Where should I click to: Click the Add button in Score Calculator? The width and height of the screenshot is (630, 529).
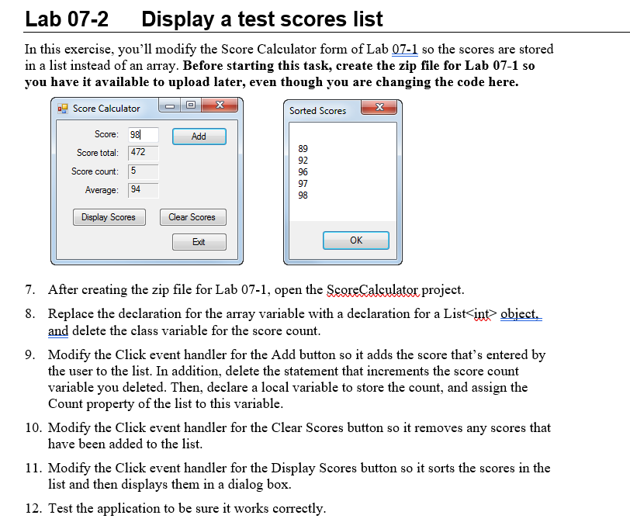[x=199, y=137]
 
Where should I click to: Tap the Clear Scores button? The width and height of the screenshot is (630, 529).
[x=192, y=217]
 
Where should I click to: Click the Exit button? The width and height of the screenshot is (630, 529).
[x=199, y=242]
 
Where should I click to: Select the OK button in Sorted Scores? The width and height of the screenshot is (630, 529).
[x=356, y=240]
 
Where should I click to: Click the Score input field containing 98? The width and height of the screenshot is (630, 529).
[x=143, y=135]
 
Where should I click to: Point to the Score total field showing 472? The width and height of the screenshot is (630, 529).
[x=143, y=153]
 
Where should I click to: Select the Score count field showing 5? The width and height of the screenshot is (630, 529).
[x=143, y=171]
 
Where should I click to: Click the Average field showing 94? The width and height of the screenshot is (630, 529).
[x=143, y=190]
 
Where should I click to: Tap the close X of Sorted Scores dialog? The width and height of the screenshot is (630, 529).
[x=379, y=109]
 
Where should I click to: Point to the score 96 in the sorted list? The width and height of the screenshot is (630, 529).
[x=303, y=171]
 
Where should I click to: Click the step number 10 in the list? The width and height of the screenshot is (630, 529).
[x=33, y=427]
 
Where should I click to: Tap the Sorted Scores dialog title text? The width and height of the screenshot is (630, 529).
[x=318, y=110]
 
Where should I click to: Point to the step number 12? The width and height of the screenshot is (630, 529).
[x=33, y=508]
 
